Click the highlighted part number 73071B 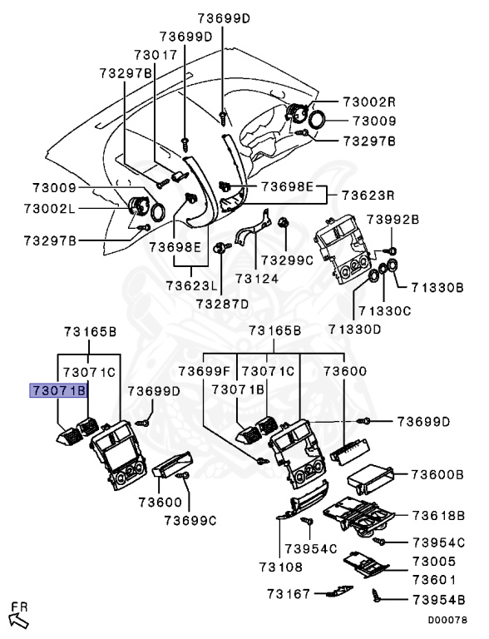coord(58,390)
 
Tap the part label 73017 coord(156,55)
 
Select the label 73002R coord(369,102)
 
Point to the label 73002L coord(50,209)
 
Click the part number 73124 coord(257,279)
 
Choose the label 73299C coord(287,260)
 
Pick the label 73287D coord(222,304)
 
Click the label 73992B coord(393,220)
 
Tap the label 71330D coord(355,329)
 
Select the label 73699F coord(205,371)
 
